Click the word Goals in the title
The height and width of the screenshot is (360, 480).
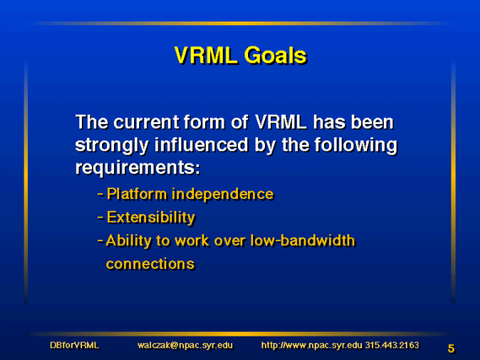[x=275, y=56]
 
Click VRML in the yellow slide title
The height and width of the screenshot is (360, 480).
[x=206, y=56]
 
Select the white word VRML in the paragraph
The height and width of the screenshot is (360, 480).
[x=281, y=122]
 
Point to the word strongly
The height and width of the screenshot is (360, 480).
[x=111, y=146]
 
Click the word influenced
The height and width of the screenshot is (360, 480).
[x=201, y=145]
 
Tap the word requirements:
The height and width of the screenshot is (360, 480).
[x=138, y=169]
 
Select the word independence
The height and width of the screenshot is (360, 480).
[x=223, y=194]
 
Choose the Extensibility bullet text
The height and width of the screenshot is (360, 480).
[x=151, y=218]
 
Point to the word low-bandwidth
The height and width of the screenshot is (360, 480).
[x=303, y=240]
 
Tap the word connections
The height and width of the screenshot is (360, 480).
[x=150, y=264]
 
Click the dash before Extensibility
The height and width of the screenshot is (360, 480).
[x=100, y=218]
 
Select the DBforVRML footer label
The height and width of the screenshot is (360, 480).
[x=74, y=346]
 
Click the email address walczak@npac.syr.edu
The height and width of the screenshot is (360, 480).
[x=186, y=346]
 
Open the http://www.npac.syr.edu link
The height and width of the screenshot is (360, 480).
[x=311, y=346]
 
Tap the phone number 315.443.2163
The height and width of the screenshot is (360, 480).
[x=391, y=346]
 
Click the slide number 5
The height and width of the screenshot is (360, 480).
[x=451, y=348]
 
